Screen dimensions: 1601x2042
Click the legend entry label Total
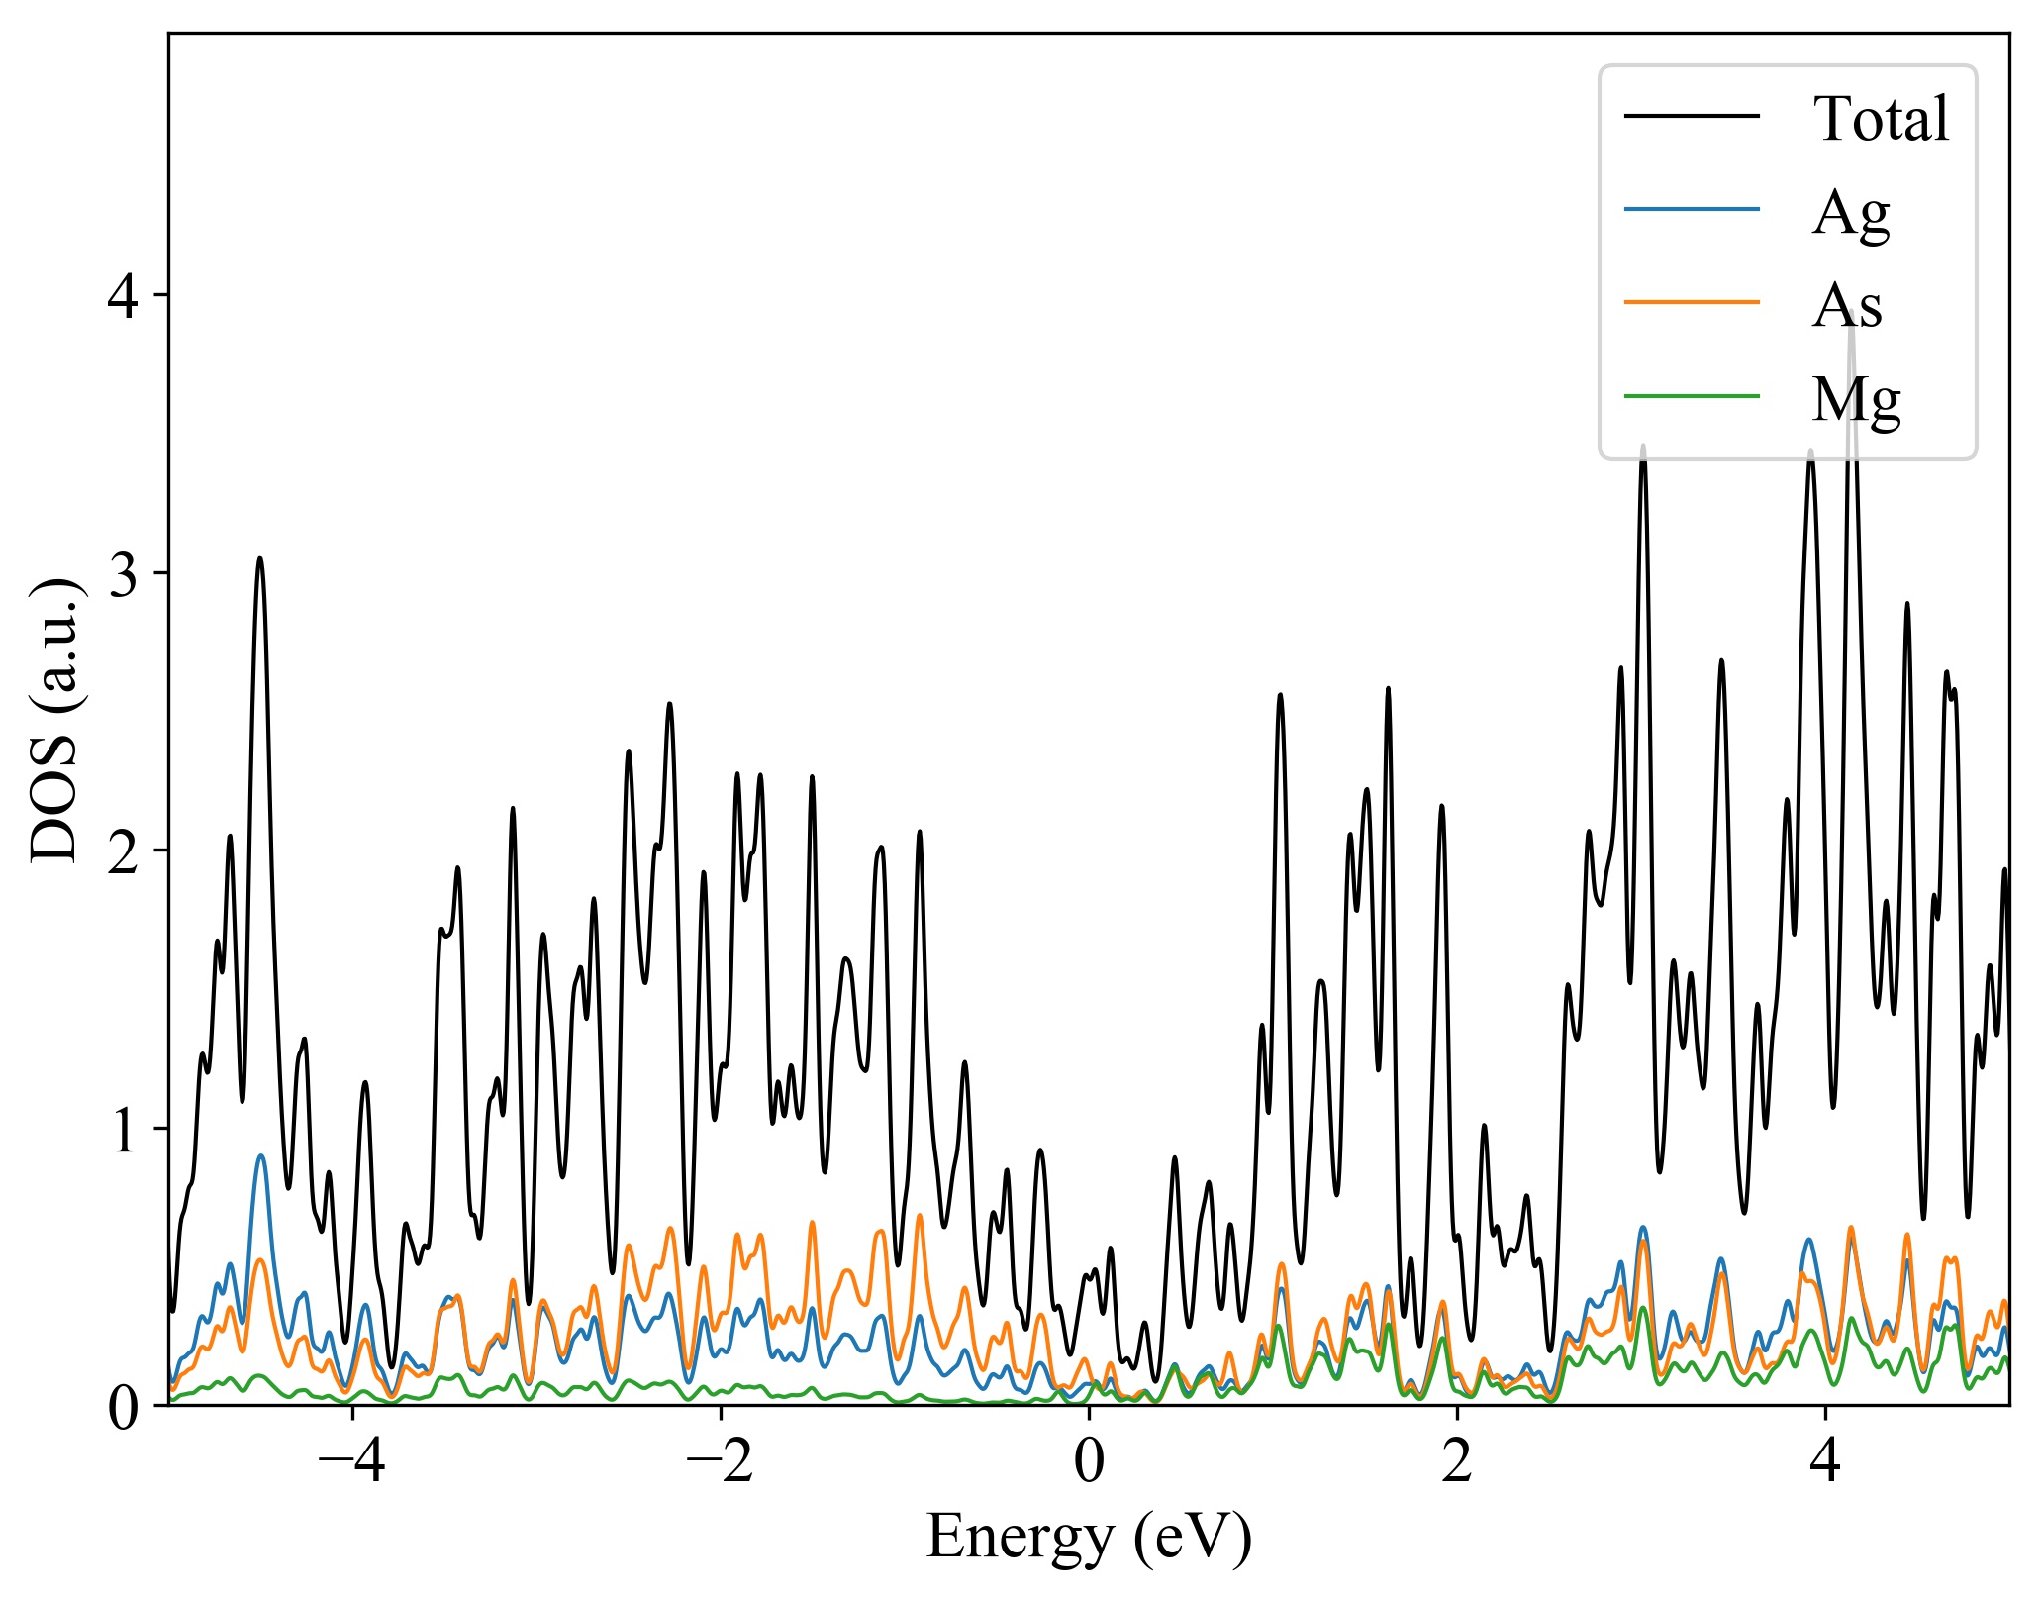1881,119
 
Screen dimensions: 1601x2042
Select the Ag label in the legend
1850,212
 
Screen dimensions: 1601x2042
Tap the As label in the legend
1846,306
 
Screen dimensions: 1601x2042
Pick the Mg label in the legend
1856,399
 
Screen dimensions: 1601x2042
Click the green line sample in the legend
1692,397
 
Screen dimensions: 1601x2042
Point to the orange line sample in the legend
1692,302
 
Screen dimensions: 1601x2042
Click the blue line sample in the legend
1692,209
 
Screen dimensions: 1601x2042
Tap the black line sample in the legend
1692,116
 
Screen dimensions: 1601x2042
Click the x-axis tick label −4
351,1461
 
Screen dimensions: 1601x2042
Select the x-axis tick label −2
720,1461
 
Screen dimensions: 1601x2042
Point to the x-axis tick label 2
1457,1461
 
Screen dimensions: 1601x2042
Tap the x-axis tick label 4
1825,1461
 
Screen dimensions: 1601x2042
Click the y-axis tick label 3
124,573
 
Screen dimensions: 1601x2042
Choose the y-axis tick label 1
124,1129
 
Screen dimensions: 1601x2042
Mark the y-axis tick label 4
124,296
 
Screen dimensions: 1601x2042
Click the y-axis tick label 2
124,851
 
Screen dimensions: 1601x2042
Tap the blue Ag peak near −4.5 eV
260,1155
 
